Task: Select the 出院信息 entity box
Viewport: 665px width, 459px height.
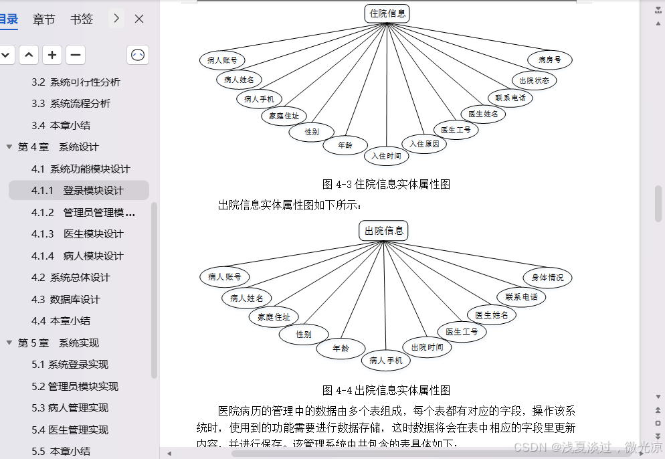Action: coord(383,231)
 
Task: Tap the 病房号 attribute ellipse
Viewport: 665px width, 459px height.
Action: coord(550,60)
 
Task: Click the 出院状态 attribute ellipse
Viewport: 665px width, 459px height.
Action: coord(534,80)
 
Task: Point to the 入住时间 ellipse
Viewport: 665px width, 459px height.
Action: coord(386,156)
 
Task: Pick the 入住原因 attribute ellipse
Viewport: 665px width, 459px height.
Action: coord(424,143)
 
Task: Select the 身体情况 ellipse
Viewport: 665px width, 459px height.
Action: coord(547,277)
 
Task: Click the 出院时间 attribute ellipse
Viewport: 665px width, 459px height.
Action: coord(427,347)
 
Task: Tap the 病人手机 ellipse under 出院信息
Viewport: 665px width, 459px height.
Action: coord(385,361)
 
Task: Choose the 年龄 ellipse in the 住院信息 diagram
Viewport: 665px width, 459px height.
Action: coord(345,145)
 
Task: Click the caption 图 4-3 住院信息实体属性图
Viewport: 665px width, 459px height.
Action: coord(386,184)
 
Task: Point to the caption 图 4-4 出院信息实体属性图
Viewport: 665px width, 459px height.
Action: coord(386,390)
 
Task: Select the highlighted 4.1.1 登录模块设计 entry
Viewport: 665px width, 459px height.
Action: coord(79,190)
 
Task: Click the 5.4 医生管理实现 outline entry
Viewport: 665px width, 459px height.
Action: coord(70,430)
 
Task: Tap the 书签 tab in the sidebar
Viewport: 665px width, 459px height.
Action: coord(82,19)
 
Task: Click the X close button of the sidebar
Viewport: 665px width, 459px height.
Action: coord(139,19)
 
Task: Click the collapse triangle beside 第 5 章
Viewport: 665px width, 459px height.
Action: coord(9,343)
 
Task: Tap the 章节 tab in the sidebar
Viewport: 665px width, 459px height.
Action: coord(44,19)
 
